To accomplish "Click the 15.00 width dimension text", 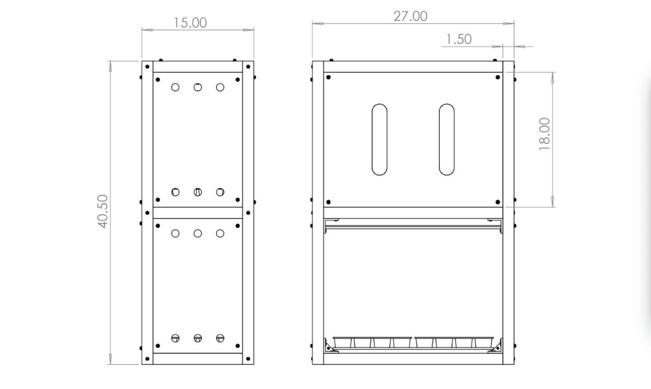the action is coord(190,23).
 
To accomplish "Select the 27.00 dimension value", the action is coord(410,16).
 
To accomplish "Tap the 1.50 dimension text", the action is coord(459,39).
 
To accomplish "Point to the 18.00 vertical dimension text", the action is coord(544,134).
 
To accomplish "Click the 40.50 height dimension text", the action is coord(103,211).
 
